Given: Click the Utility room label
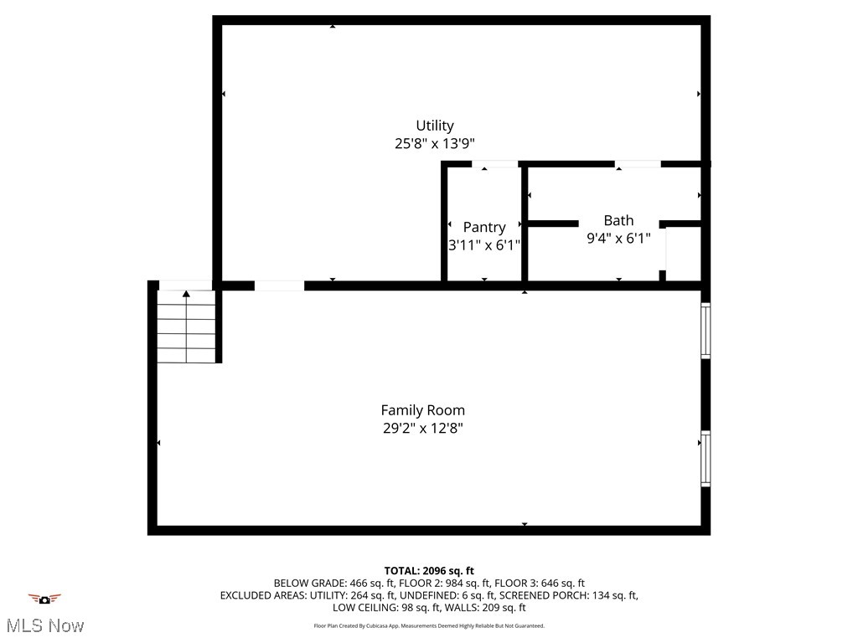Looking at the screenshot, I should [x=435, y=126].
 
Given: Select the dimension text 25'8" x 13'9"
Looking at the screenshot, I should [x=435, y=144].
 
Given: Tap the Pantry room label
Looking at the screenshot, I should [x=484, y=227].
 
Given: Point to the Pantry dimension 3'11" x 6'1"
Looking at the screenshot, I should [x=484, y=245].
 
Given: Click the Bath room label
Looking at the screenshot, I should [x=618, y=220].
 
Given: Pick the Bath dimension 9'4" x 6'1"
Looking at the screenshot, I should [x=618, y=238].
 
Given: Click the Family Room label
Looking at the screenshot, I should [x=422, y=410].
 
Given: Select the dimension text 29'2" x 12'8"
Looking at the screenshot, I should [x=422, y=429].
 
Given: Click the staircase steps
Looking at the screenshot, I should [x=186, y=331].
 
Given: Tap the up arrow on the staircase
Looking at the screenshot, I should [x=186, y=294].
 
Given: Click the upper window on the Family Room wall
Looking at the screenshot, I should [x=706, y=331].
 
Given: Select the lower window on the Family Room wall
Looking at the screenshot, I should [x=706, y=459].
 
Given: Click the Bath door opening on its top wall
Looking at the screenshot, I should [x=638, y=164].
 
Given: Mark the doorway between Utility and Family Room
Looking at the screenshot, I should [x=279, y=285].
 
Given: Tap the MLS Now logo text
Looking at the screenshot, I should [x=44, y=625].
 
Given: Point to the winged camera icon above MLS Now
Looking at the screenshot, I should [x=44, y=599].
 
